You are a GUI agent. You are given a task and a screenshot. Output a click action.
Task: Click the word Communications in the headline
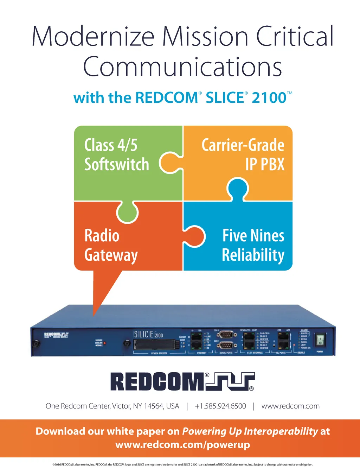coord(182,67)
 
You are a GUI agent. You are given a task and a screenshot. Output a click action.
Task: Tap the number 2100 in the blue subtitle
coord(269,98)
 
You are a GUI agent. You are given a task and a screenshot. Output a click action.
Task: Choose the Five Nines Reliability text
coord(253,245)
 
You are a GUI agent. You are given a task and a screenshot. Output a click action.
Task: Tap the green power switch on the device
coord(320,340)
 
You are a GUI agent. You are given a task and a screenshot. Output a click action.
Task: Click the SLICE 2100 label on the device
coord(148,334)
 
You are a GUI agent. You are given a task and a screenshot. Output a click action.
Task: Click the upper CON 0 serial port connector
coord(226,334)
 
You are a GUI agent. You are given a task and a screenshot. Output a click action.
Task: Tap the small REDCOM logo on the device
coord(56,334)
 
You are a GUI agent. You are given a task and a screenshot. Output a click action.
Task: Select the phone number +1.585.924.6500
coord(220,406)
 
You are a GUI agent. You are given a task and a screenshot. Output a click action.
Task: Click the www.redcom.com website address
coord(290,406)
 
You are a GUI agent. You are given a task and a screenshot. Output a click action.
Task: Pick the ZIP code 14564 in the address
coord(154,406)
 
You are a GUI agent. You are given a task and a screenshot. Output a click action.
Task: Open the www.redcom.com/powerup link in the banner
coord(182,445)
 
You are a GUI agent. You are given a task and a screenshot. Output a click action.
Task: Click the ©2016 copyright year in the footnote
coord(57,465)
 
